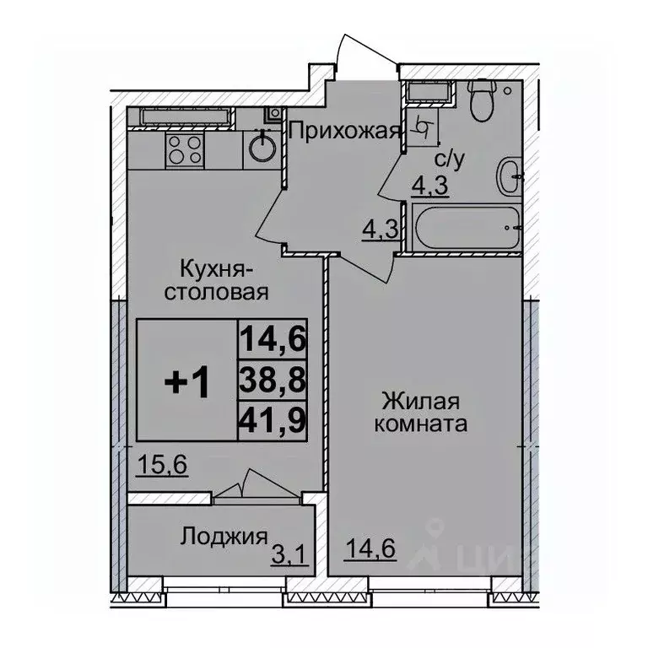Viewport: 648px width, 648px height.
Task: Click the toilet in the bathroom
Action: (x=482, y=100)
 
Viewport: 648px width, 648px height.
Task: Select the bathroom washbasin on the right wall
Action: (x=508, y=177)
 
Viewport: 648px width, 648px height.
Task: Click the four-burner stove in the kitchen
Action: (x=185, y=149)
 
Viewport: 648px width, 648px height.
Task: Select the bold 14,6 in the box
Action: (x=273, y=340)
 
